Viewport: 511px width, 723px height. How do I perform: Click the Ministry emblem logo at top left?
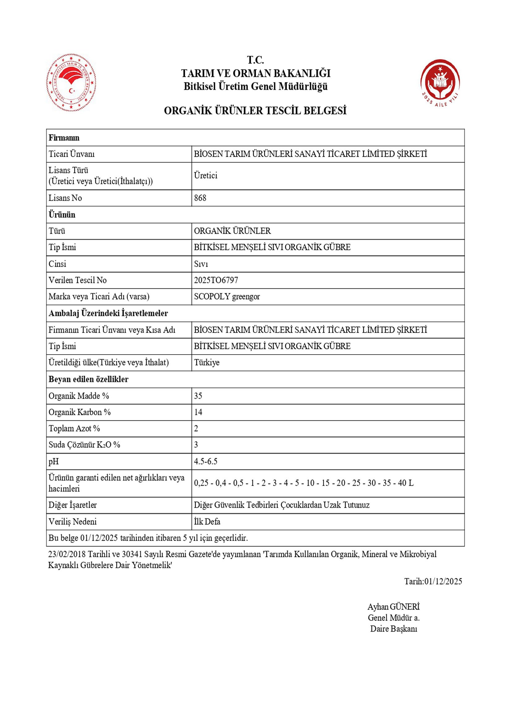point(71,83)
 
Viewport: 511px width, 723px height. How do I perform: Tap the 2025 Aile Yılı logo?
point(440,83)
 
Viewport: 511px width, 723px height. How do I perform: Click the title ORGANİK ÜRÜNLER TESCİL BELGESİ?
point(255,111)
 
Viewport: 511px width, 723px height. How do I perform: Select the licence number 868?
point(200,198)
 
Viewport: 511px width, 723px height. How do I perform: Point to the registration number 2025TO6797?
point(216,280)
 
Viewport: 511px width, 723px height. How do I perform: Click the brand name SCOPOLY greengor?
point(227,297)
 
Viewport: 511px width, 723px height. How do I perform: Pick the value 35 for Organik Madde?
point(198,396)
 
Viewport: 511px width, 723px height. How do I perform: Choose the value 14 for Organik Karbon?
point(198,412)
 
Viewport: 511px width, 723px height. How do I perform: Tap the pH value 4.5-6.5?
point(205,461)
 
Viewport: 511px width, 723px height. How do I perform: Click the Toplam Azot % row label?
point(74,428)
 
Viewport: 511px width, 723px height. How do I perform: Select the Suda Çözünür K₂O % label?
point(84,445)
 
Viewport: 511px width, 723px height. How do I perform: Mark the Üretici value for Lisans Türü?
point(205,176)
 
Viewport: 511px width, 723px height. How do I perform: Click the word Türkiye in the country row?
point(207,363)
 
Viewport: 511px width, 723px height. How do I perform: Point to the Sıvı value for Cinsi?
point(201,264)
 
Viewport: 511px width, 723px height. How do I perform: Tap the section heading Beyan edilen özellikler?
point(88,379)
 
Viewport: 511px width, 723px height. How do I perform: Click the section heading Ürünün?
point(62,215)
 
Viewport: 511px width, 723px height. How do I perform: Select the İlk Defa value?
point(207,522)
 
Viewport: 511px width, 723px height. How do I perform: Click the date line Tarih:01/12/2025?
point(433,581)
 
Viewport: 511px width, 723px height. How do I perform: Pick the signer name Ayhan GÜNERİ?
point(393,607)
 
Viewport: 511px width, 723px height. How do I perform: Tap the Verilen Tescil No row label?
point(78,280)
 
